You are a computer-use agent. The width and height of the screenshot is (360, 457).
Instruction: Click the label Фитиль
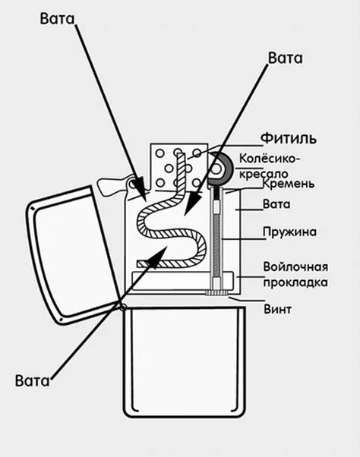tap(289, 138)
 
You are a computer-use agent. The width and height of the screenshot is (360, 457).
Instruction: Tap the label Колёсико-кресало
tap(269, 166)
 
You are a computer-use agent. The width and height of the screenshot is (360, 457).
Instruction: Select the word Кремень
tap(289, 184)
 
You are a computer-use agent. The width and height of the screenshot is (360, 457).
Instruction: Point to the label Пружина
tap(289, 232)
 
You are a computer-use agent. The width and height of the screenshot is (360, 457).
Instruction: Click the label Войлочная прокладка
tap(295, 274)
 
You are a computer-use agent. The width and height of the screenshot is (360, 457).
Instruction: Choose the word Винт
tap(277, 309)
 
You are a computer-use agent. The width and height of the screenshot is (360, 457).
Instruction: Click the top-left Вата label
tap(57, 19)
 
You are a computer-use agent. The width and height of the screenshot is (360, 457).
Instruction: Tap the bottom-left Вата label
tap(33, 380)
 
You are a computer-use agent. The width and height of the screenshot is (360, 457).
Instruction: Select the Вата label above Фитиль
tap(285, 58)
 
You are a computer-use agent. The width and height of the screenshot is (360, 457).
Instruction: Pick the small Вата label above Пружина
tap(276, 204)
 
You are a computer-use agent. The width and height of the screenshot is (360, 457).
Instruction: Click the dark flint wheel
tap(219, 169)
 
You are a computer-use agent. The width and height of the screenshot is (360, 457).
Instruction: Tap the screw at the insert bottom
tap(217, 292)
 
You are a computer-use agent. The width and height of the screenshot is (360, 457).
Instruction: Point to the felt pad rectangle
tap(182, 281)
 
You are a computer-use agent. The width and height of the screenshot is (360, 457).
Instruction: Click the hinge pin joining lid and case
tap(123, 307)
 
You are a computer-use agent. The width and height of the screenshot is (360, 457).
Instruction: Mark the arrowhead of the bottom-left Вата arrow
tap(159, 256)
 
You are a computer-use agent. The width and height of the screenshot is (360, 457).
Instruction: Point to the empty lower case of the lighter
tap(184, 361)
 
